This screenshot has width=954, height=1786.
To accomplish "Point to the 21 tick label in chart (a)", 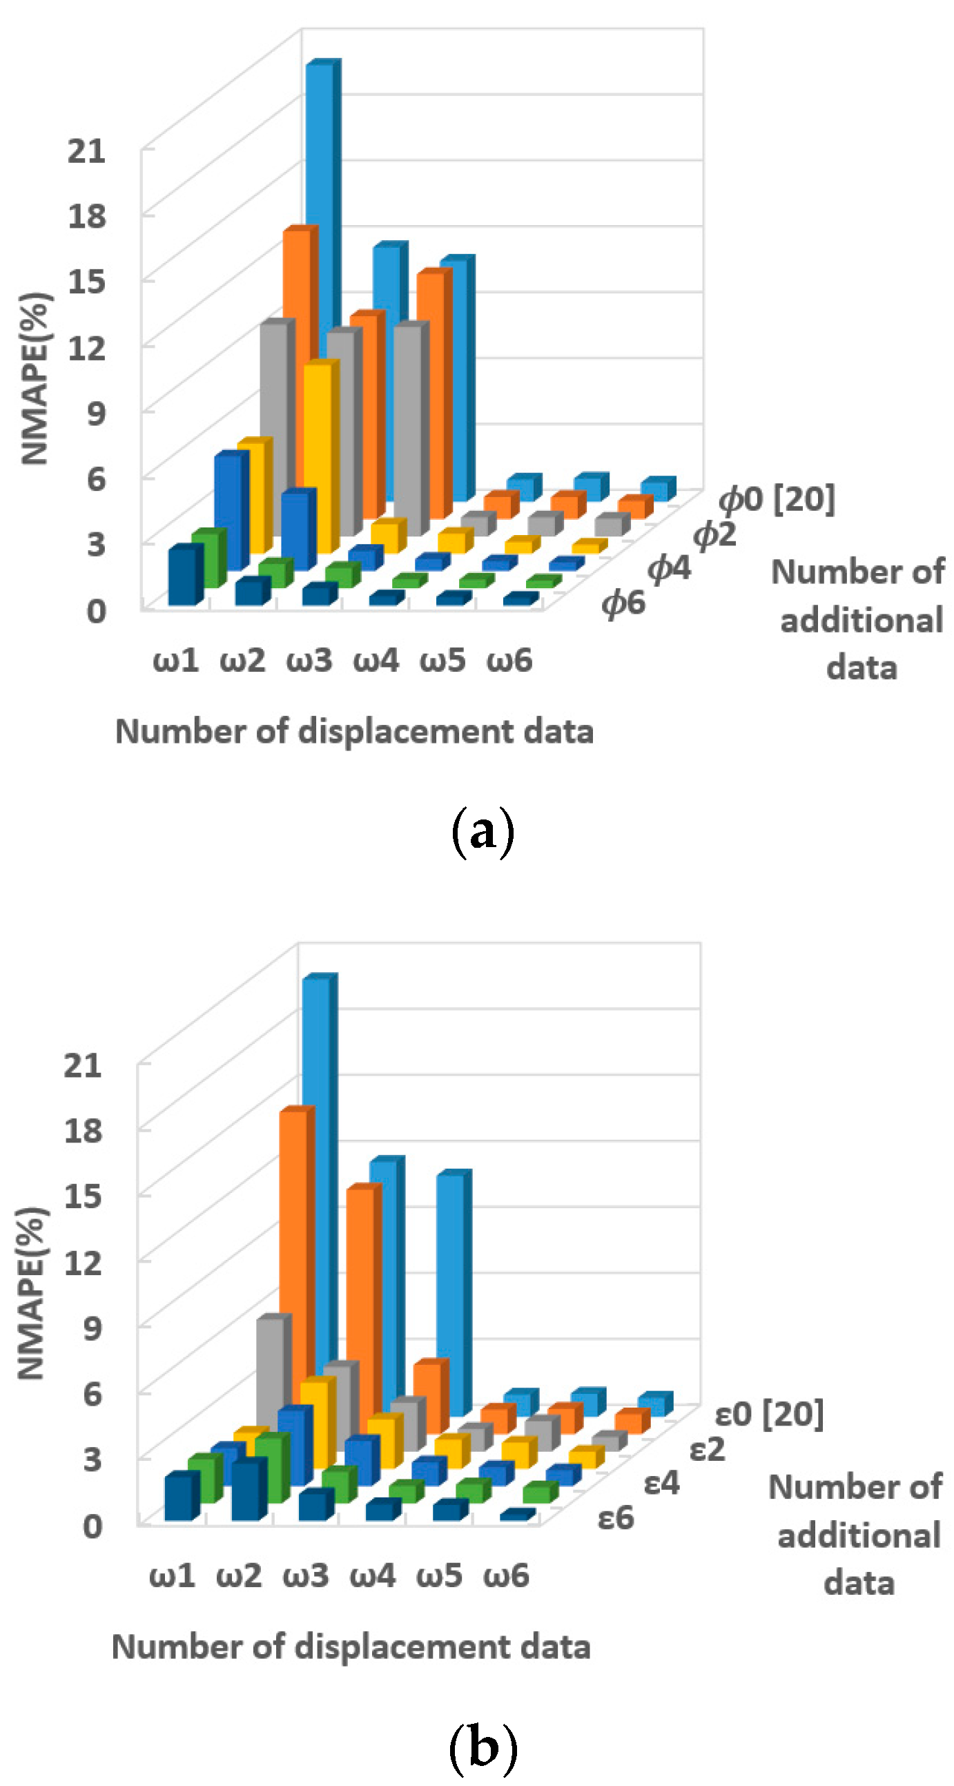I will click(87, 151).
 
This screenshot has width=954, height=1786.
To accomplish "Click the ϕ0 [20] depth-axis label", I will click(777, 498).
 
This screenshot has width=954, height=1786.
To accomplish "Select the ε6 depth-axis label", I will click(616, 1517).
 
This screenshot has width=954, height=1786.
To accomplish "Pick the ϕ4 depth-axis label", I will click(669, 569).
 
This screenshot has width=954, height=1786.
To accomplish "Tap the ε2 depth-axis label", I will click(707, 1449).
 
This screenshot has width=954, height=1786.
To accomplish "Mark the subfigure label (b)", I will click(483, 1747).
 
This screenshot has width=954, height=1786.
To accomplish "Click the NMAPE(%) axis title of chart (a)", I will click(35, 378).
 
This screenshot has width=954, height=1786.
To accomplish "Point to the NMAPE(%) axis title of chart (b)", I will click(31, 1293).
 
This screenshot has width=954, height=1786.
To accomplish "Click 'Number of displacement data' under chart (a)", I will click(354, 732).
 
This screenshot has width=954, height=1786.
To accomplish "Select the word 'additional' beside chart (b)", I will click(858, 1535).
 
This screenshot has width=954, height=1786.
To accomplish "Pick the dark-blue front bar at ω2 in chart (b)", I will click(248, 1491).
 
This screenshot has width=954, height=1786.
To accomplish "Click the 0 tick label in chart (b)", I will click(93, 1525).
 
